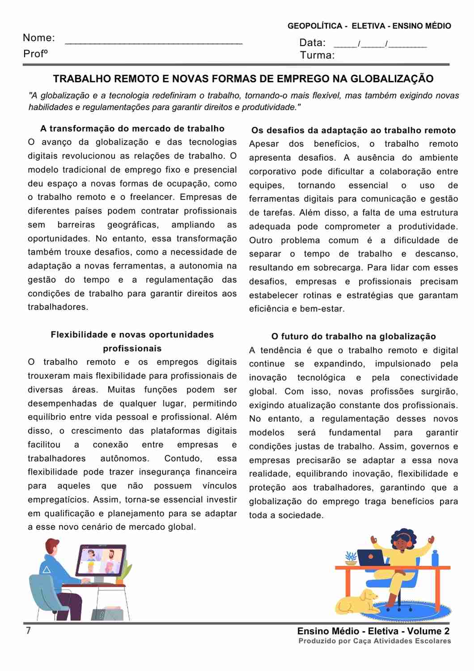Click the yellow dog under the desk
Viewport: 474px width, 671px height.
358,602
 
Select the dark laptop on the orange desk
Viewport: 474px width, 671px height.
371,557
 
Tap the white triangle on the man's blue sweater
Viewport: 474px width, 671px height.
46,569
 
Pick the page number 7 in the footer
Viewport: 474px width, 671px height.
29,631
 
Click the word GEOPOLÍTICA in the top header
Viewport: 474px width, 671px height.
315,26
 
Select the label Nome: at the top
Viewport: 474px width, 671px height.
39,38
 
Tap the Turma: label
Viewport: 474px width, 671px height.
317,55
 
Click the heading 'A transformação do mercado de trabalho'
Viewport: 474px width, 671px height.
132,129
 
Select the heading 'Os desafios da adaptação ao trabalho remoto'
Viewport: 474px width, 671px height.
353,131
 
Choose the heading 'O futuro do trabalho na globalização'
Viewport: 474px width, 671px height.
353,337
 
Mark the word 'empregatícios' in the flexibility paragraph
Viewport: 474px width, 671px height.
59,500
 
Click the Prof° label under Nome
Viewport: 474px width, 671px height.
35,54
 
